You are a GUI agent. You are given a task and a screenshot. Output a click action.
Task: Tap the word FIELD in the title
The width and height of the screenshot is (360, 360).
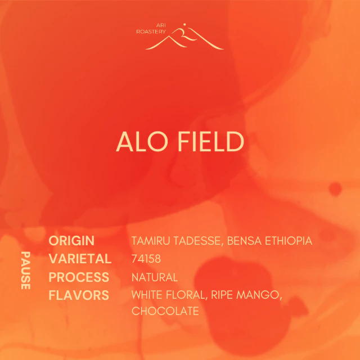click(211, 142)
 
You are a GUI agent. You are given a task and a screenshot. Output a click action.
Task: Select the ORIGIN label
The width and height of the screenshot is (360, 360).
click(71, 241)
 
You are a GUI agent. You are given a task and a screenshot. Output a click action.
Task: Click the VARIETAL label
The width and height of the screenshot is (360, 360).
click(80, 259)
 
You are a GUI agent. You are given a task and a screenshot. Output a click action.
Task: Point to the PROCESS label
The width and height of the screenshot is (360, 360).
click(79, 277)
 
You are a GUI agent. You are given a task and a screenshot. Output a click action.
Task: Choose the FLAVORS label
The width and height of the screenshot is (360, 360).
click(79, 295)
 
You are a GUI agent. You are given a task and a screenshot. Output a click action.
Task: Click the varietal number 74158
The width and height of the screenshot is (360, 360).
click(146, 259)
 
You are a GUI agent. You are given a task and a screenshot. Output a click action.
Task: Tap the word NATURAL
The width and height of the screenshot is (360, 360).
click(155, 277)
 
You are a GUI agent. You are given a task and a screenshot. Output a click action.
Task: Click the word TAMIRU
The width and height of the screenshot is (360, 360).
click(151, 241)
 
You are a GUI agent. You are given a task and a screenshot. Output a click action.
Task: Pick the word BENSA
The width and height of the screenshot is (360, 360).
click(244, 241)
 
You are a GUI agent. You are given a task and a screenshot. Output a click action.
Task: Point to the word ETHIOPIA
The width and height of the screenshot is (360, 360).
click(289, 241)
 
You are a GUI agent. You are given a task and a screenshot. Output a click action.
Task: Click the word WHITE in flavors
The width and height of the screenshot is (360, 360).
click(147, 295)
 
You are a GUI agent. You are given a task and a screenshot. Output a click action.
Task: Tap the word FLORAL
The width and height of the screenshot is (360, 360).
click(187, 295)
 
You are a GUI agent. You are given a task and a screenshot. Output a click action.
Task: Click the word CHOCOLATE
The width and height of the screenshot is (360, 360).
click(165, 311)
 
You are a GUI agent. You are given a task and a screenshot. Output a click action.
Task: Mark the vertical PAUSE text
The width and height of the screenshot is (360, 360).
click(25, 271)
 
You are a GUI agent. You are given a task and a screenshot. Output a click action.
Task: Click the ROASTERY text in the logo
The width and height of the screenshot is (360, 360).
click(151, 31)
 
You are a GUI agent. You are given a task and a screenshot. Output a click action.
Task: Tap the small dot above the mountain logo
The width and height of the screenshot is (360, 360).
click(184, 24)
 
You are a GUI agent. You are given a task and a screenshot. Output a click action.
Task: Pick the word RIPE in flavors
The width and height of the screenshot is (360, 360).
click(222, 295)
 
